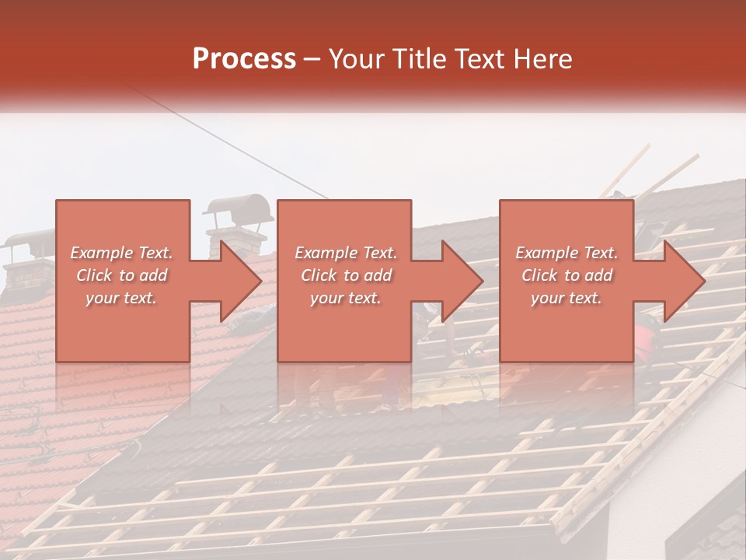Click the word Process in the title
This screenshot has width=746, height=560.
coord(244,59)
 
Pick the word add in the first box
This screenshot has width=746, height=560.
coord(154,275)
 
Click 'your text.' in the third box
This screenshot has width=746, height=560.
coord(566,298)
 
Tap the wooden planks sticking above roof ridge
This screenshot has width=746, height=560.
coord(661,175)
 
